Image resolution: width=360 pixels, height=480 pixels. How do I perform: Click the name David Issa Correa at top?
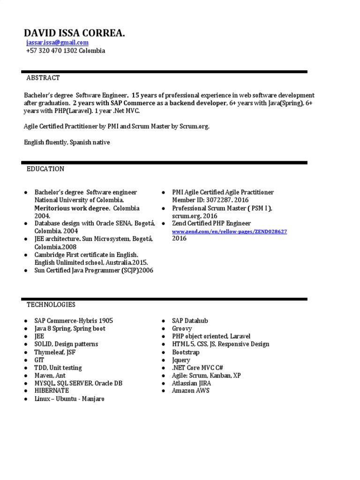(75, 33)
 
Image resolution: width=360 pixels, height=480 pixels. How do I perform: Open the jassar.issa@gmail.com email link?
(57, 43)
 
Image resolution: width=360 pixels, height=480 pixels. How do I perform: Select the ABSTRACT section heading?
(43, 78)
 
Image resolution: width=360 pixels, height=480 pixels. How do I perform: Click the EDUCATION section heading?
(45, 169)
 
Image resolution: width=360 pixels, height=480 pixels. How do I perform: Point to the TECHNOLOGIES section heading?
(51, 305)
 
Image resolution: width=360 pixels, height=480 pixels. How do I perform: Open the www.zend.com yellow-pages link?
(229, 232)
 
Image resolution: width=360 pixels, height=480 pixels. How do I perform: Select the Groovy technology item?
(182, 329)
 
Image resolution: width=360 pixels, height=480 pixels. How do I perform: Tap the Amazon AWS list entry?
(190, 390)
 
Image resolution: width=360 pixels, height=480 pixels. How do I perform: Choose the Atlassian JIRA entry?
(191, 383)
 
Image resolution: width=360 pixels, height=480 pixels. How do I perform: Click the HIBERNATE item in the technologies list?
(52, 390)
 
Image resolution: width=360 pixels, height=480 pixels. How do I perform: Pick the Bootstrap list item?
(186, 352)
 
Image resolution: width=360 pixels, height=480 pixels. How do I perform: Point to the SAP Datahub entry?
(190, 321)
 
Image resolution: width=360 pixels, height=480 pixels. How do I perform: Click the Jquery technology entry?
(181, 360)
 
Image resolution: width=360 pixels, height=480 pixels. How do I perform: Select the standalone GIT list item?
(39, 360)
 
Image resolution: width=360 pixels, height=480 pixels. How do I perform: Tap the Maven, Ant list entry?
(50, 375)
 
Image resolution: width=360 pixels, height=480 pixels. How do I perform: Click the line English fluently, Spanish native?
(67, 142)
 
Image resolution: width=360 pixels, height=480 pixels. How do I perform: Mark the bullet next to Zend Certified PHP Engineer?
(163, 224)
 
